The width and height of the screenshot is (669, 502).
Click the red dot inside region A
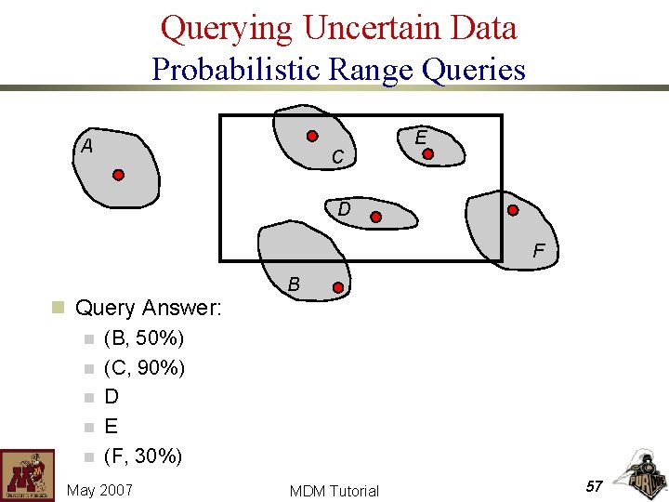pos(119,175)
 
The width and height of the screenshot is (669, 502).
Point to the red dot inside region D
pos(376,218)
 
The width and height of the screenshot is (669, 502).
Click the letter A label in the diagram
pos(86,146)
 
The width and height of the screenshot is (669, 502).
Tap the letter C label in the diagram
pos(338,159)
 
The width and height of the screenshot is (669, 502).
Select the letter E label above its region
pos(421,137)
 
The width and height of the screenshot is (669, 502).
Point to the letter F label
pos(538,251)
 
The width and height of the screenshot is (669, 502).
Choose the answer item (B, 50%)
pos(144,337)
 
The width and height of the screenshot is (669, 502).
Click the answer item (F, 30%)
pos(143,456)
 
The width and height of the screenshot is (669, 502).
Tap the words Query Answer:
pos(148,307)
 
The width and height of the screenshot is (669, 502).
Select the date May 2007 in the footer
pos(99,490)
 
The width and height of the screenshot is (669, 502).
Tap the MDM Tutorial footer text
pos(334,491)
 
